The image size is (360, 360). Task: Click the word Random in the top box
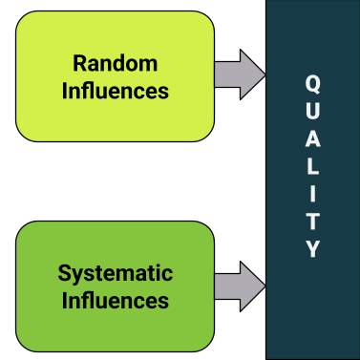(x=115, y=64)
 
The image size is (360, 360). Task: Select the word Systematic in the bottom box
(x=115, y=274)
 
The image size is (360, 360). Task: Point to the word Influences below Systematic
(x=115, y=300)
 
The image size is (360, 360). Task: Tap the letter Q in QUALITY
(x=312, y=83)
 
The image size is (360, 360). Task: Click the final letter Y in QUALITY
(x=312, y=250)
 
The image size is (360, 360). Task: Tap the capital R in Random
(x=80, y=64)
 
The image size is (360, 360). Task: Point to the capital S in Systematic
(x=64, y=274)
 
